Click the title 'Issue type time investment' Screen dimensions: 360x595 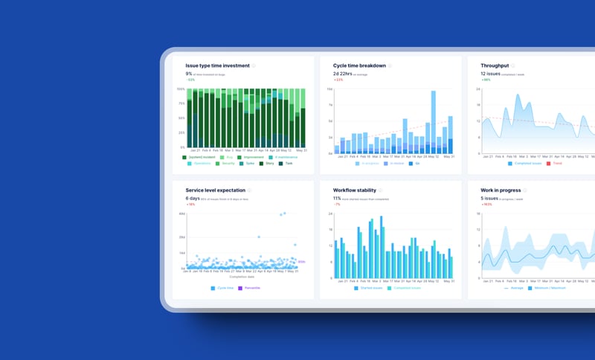[217, 65]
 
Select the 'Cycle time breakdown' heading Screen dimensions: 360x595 [359, 65]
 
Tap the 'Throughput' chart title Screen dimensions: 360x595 [500, 65]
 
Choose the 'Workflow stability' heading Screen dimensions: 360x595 [355, 190]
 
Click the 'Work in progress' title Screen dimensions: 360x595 [505, 190]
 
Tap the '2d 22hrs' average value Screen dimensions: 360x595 [343, 74]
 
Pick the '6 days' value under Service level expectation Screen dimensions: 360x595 [193, 199]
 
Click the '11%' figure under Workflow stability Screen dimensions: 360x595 [337, 199]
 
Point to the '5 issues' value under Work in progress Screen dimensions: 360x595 [490, 199]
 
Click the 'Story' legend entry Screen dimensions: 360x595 [269, 163]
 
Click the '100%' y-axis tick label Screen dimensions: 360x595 [181, 89]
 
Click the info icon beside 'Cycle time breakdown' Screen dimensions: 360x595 [390, 65]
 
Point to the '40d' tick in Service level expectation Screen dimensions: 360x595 [182, 214]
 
